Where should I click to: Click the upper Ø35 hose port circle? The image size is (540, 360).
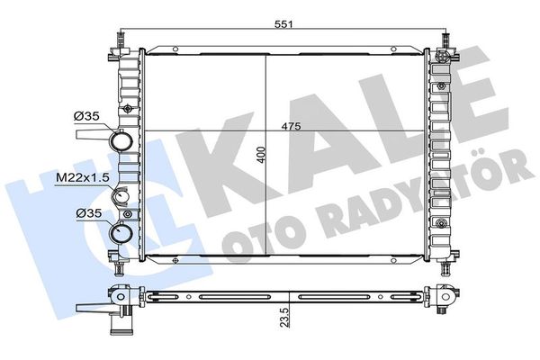(x=121, y=141)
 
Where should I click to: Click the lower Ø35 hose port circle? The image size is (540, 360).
(x=121, y=236)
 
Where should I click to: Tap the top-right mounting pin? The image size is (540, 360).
(x=444, y=40)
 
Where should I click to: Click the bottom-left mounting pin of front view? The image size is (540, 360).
(x=118, y=266)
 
